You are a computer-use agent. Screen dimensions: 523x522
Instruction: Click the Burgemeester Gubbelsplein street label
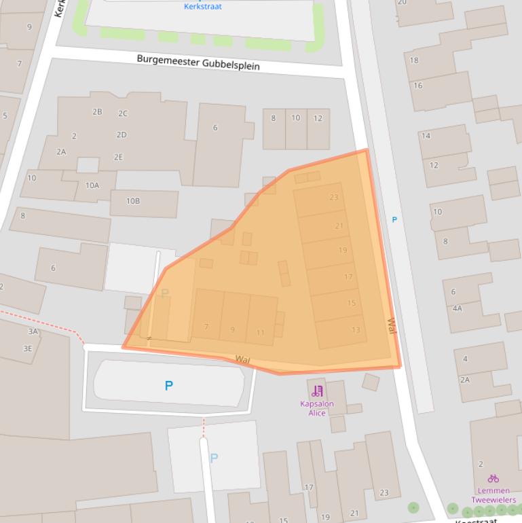tap(198, 62)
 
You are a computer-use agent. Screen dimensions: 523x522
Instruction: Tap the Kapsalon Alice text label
tap(317, 408)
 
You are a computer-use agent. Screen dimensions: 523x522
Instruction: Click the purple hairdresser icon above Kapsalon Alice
tap(317, 391)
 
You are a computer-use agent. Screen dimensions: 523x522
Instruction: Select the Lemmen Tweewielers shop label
tap(493, 495)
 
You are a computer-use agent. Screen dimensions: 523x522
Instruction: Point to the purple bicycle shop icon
tap(493, 479)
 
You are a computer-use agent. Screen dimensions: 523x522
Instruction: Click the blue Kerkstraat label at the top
tap(202, 7)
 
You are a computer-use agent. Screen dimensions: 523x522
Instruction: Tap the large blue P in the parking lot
tap(168, 386)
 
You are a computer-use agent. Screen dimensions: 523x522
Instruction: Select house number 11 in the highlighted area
tap(261, 332)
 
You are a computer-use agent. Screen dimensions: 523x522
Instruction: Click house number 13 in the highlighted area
tap(356, 330)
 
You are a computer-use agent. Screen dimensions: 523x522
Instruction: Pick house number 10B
tap(133, 201)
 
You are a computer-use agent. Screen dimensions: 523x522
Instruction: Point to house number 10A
tap(92, 185)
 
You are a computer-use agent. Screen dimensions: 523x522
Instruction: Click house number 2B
tap(97, 112)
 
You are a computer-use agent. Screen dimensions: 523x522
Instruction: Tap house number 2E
tap(118, 157)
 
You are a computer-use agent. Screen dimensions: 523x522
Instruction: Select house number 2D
tap(122, 135)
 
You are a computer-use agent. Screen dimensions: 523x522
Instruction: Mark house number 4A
tap(457, 308)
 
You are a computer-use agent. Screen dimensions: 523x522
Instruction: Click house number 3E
tap(27, 348)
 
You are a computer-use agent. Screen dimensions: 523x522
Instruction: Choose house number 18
tap(414, 60)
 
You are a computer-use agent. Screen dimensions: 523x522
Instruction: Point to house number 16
tap(418, 86)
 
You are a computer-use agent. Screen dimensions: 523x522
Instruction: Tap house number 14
tap(426, 136)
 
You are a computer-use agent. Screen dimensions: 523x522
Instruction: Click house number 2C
tap(123, 113)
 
